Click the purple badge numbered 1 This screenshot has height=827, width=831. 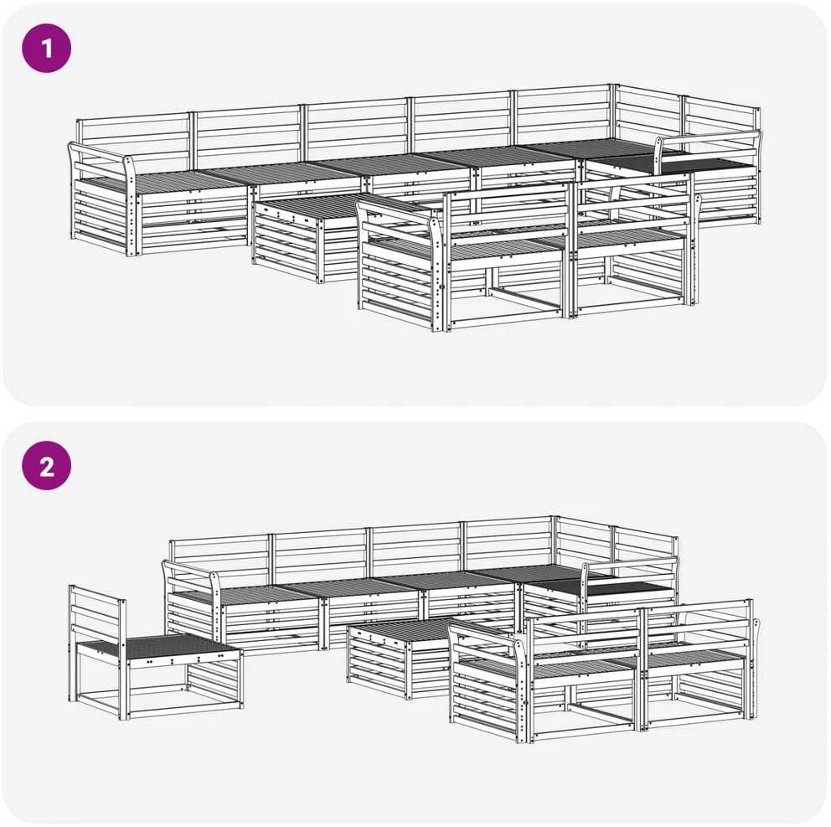[46, 48]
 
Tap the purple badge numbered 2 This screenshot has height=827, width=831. [46, 466]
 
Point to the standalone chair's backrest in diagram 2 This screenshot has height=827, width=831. [97, 615]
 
